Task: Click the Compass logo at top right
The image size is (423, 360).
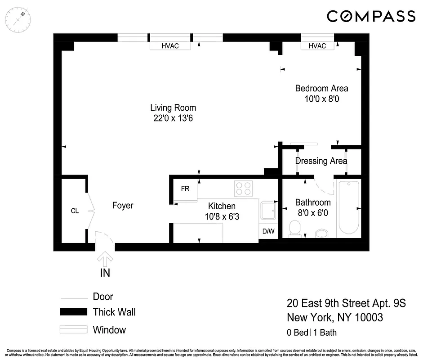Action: coord(371,17)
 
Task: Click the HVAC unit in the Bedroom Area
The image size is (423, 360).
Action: coord(317,46)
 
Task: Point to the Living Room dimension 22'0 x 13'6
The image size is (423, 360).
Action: coord(173,118)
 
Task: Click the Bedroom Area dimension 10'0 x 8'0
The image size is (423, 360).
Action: coord(321,99)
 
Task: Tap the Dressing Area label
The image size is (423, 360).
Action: coord(321,161)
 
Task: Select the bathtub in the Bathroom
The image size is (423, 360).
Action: coord(348,207)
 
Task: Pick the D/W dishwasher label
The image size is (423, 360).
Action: coord(268,231)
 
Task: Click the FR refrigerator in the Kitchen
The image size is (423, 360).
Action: coord(185,189)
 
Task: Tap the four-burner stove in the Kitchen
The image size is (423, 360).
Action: coord(244,188)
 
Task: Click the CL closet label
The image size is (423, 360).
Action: coord(75,211)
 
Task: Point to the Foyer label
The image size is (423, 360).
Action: coord(123,206)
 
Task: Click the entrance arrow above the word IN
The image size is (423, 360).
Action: coord(106,260)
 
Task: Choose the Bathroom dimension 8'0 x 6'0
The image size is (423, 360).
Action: coord(313,212)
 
